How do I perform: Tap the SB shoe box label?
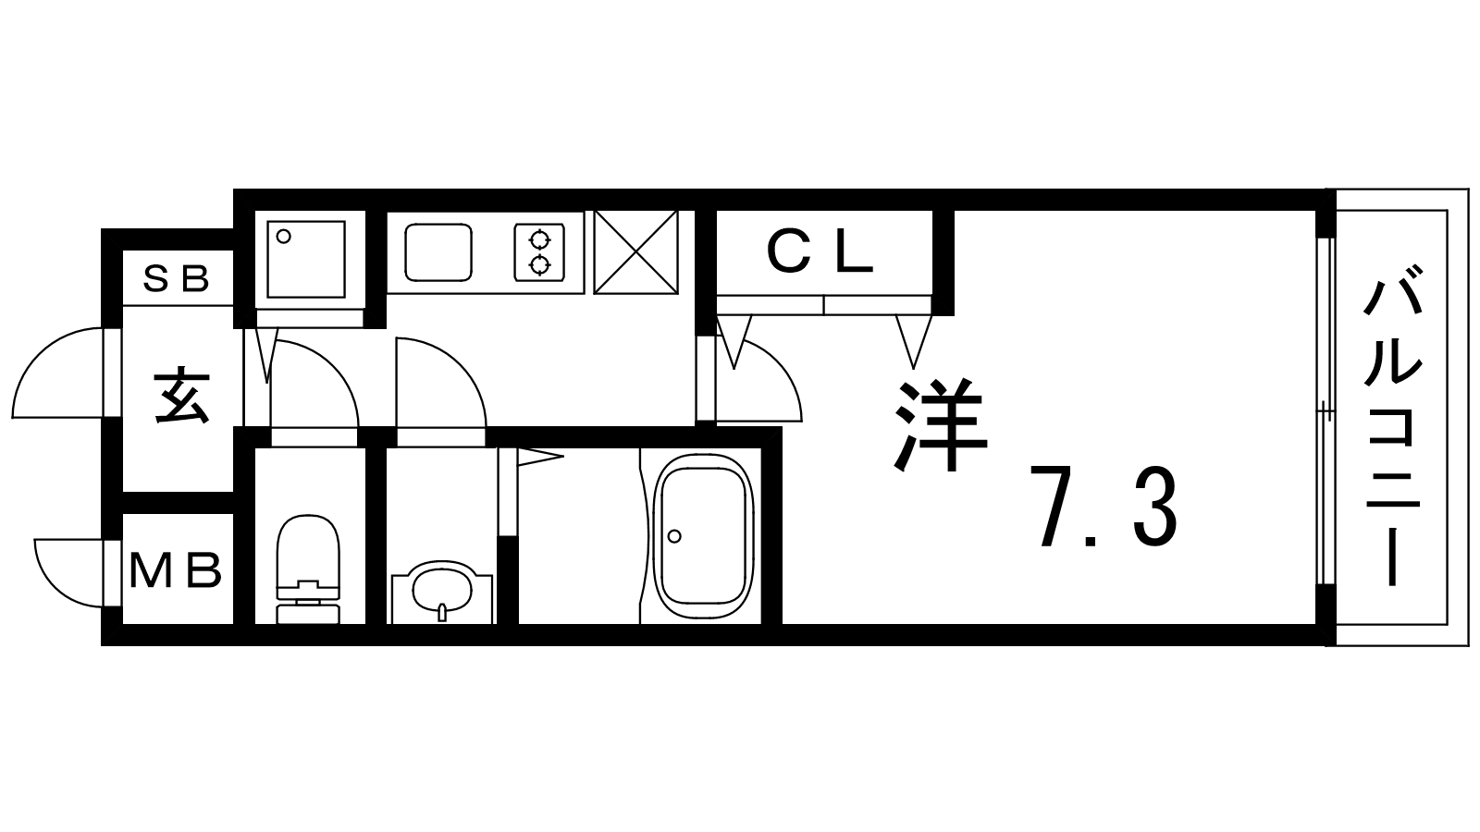coord(177,278)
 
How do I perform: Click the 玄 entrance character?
coord(181,398)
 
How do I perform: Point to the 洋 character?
coord(940,424)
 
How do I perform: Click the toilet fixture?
coord(308,569)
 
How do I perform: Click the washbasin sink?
coord(442,593)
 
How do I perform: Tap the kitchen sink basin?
coord(438,252)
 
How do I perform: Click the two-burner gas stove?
coord(540,252)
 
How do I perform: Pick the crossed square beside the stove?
coord(635,251)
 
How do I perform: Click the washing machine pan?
coord(306,260)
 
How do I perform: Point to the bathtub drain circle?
coord(674,536)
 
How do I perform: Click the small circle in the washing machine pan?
coord(283,237)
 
